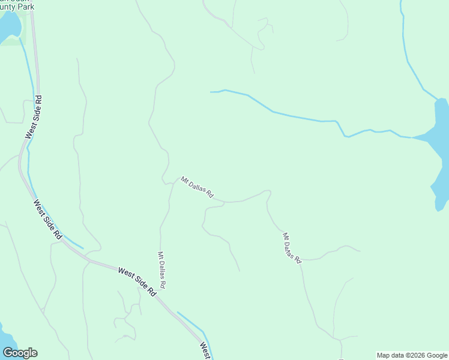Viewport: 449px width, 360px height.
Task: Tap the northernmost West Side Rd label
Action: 34,117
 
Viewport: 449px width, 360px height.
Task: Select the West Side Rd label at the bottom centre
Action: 137,281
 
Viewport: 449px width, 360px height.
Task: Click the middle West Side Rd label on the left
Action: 48,220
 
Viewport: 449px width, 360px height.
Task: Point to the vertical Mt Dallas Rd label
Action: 161,270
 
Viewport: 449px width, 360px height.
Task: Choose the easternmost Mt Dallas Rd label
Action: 292,247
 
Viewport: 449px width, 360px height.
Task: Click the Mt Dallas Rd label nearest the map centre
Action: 197,187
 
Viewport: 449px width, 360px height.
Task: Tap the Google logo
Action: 20,352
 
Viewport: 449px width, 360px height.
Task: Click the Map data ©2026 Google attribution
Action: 412,355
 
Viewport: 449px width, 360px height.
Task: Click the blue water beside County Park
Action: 8,27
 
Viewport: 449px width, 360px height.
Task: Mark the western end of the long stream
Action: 211,92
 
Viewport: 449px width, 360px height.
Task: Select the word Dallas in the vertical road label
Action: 161,271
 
